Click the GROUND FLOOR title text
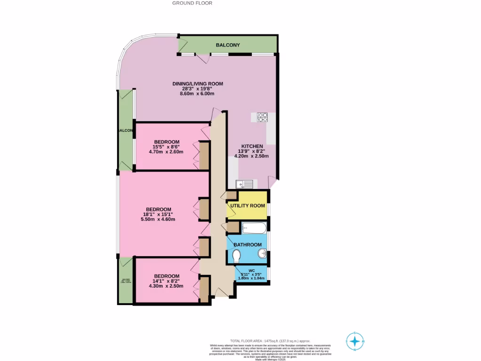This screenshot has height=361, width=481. pyautogui.click(x=192, y=3)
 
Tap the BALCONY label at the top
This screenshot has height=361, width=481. pyautogui.click(x=228, y=45)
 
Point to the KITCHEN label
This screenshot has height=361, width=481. pyautogui.click(x=252, y=146)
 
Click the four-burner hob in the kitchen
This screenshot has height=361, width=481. pyautogui.click(x=262, y=117)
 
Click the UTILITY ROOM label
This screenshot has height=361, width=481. pyautogui.click(x=248, y=206)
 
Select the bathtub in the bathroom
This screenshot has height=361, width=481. pyautogui.click(x=254, y=228)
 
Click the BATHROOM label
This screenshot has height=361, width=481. pyautogui.click(x=248, y=245)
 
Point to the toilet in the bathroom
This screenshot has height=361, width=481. pyautogui.click(x=237, y=257)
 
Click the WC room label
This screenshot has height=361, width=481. pyautogui.click(x=251, y=270)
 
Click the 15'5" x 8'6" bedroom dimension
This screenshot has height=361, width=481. pyautogui.click(x=167, y=147)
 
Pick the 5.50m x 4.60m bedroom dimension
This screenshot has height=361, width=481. pyautogui.click(x=159, y=219)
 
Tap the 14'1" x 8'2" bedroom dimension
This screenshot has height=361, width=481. pyautogui.click(x=166, y=281)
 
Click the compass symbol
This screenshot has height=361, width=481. pyautogui.click(x=355, y=341)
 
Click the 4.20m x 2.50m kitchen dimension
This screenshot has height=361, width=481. pyautogui.click(x=252, y=157)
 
